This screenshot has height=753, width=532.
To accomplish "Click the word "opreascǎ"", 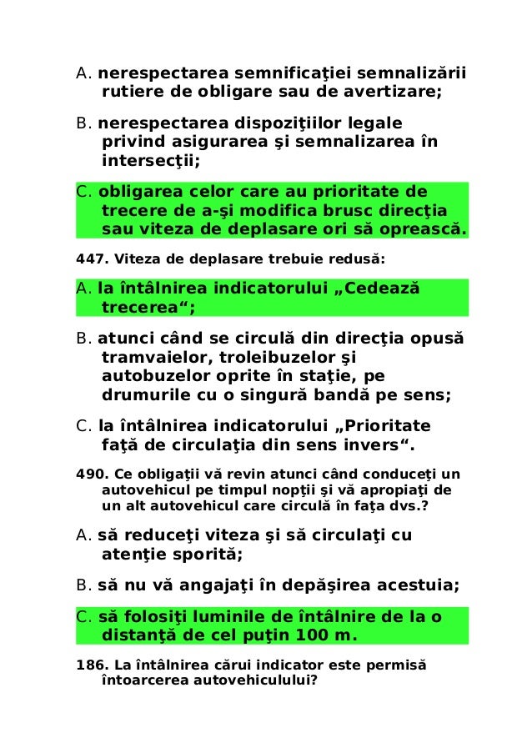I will (419, 228).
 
